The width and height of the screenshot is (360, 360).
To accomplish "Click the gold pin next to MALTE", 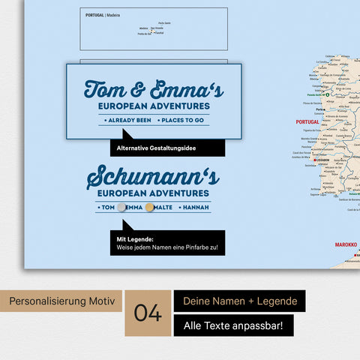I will [x=150, y=207].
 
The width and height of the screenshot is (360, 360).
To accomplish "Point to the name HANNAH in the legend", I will [x=194, y=207].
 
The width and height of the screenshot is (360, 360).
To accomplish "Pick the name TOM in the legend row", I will [x=107, y=207].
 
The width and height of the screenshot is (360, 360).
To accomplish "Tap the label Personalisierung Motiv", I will [x=62, y=301].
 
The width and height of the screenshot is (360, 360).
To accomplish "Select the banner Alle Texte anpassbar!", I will [x=233, y=326].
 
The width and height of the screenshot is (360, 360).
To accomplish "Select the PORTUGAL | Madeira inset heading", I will [x=103, y=15].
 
